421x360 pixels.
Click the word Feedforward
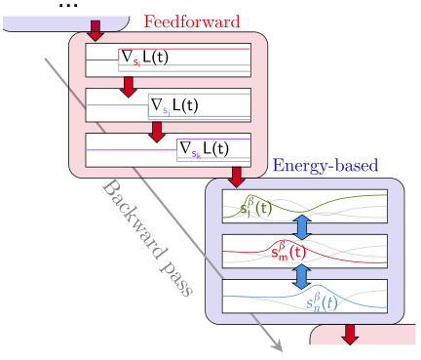[184, 20]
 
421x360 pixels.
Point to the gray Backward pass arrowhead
[278, 343]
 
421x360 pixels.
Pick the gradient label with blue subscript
[172, 103]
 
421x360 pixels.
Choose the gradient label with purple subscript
[202, 149]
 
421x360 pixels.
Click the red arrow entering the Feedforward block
[95, 30]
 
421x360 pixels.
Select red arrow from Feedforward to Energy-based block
[235, 176]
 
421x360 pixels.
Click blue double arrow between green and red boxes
[301, 226]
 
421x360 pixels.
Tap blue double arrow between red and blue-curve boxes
[301, 273]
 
